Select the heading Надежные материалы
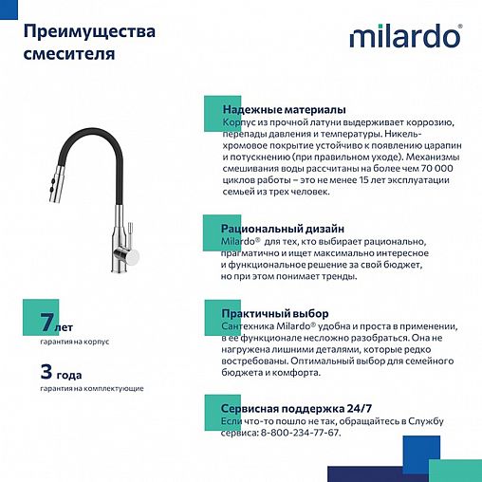pyautogui.click(x=283, y=110)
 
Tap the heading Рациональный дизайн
pyautogui.click(x=282, y=229)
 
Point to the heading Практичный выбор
pyautogui.click(x=274, y=313)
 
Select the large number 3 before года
pyautogui.click(x=45, y=371)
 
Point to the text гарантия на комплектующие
pyautogui.click(x=91, y=388)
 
